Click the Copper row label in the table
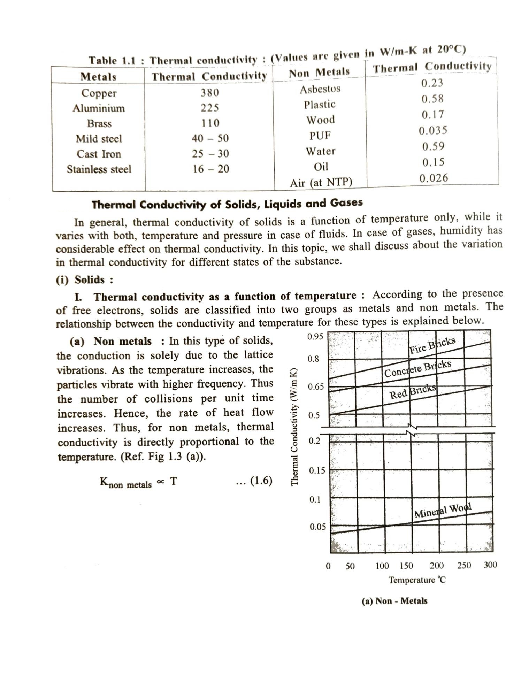click(99, 93)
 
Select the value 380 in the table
click(210, 93)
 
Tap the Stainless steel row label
click(99, 169)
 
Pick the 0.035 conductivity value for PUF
click(433, 131)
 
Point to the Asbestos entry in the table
click(320, 89)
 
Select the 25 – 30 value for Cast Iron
click(210, 154)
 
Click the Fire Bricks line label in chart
click(432, 345)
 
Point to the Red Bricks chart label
click(413, 392)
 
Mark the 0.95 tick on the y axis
click(315, 337)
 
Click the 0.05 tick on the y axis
click(317, 527)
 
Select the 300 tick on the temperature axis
click(490, 565)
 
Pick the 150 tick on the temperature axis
click(406, 566)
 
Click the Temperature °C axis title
click(417, 580)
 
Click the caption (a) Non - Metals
click(394, 601)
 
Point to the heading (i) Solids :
click(85, 280)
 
